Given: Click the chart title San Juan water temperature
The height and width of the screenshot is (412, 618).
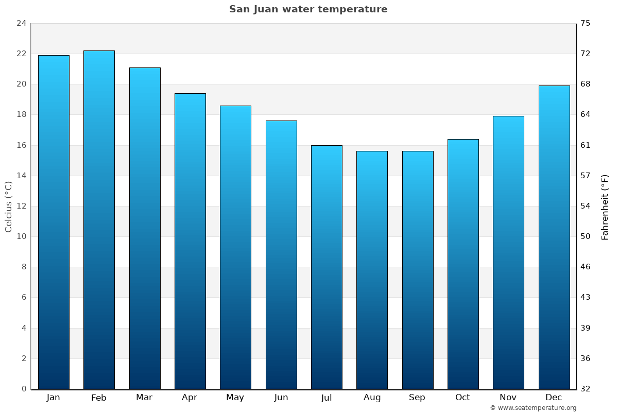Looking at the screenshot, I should (308, 9).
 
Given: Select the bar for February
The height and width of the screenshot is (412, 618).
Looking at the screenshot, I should (99, 220).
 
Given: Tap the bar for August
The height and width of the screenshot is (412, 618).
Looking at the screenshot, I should (372, 270).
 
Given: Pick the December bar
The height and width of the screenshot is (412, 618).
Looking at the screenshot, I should (554, 237).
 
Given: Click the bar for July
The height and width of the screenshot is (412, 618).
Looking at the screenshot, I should (327, 267).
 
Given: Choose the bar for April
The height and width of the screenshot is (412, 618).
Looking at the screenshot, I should (190, 241).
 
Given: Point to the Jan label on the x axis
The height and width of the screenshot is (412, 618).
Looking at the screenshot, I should (53, 398).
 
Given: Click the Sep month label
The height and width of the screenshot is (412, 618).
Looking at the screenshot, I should (417, 398).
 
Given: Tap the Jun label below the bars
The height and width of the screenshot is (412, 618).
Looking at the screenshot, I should (281, 398).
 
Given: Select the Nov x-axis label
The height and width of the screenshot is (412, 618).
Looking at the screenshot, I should (508, 398).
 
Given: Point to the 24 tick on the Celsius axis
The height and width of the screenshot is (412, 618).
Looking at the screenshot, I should (21, 23).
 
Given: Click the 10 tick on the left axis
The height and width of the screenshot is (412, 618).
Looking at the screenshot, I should (21, 236).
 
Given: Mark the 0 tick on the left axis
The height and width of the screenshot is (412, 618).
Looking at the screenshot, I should (24, 389).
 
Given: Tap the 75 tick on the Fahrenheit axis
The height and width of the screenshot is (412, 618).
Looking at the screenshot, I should (585, 23).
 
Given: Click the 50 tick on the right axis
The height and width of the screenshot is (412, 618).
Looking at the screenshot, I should (585, 236).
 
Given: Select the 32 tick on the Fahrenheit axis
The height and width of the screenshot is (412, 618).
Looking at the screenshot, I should (585, 389).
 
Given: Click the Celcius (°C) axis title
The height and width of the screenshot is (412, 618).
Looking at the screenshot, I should (8, 207).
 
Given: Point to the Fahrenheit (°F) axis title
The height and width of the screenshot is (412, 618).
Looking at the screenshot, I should (605, 207).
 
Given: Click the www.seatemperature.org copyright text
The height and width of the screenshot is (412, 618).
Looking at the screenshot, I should (533, 408).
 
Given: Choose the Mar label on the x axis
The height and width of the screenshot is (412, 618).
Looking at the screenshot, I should (144, 398).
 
